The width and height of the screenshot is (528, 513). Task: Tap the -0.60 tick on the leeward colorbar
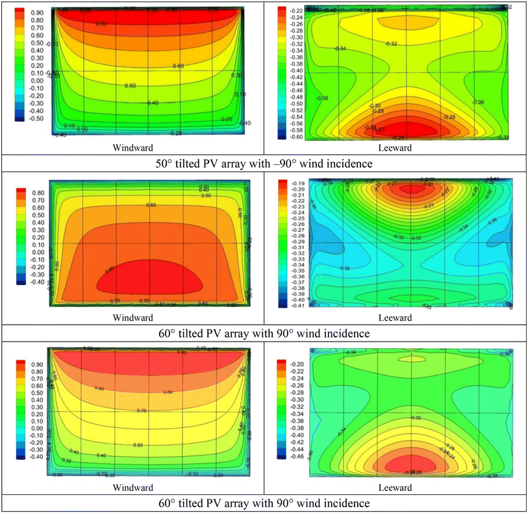click(297, 136)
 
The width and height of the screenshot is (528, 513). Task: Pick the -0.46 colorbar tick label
click(297, 457)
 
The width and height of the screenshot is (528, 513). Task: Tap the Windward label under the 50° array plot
click(132, 147)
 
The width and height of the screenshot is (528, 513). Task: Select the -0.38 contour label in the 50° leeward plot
click(321, 98)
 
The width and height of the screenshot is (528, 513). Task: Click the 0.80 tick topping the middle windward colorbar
click(33, 193)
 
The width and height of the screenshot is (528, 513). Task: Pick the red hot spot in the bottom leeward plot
click(405, 464)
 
